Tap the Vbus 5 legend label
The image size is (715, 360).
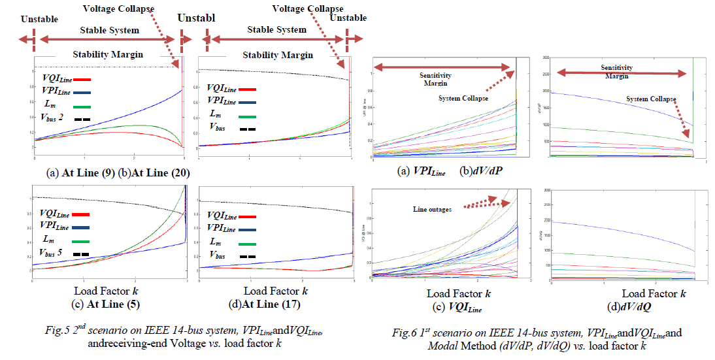coord(56,254)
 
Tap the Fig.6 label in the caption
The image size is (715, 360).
coord(405,333)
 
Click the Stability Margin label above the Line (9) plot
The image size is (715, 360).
coord(108,55)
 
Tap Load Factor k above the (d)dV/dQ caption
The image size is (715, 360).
coord(653,294)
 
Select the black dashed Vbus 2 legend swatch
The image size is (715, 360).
coord(82,120)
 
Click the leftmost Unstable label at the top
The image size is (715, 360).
coord(39,18)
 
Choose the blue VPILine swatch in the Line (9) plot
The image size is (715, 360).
coord(82,93)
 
